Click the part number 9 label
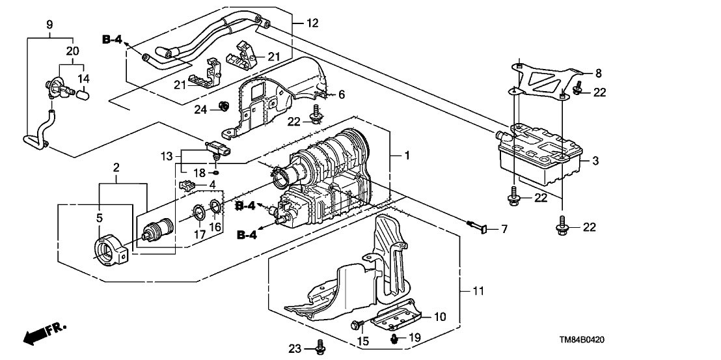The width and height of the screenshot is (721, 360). [49, 25]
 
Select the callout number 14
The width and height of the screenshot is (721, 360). [84, 78]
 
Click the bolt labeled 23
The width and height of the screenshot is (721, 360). [319, 348]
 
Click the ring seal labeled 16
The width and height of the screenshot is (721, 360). [217, 208]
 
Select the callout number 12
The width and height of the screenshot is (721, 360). [314, 23]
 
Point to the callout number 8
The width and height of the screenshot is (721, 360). [599, 73]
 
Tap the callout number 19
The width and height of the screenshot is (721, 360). [415, 339]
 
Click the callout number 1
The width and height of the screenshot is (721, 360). [407, 157]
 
